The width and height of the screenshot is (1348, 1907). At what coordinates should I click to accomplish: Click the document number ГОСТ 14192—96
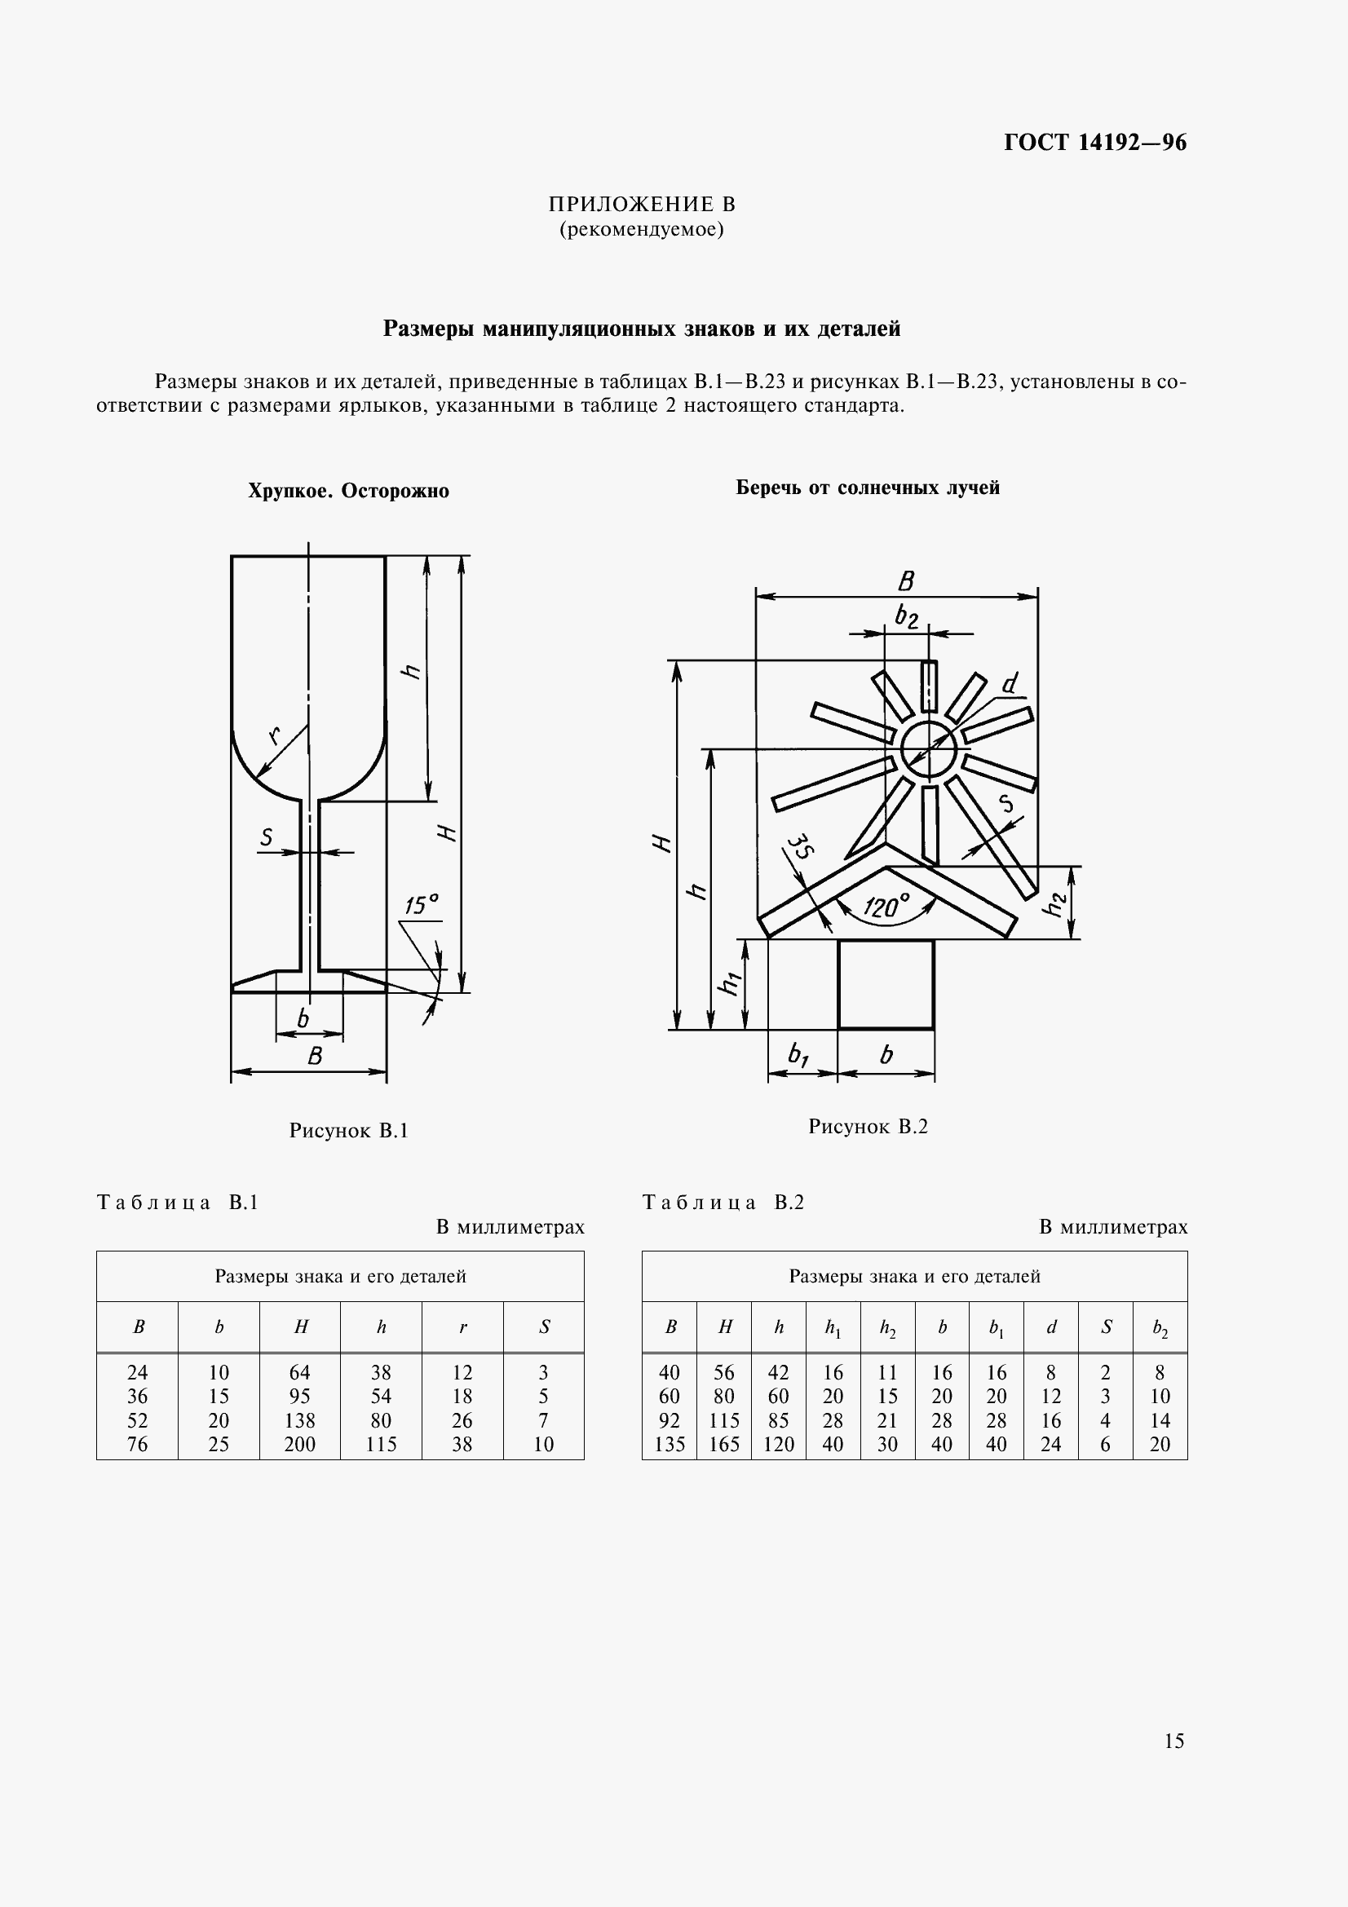[1094, 143]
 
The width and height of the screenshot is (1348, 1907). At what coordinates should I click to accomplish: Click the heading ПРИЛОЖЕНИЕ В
[641, 205]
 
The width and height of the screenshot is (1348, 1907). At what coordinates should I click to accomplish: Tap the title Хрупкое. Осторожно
[348, 491]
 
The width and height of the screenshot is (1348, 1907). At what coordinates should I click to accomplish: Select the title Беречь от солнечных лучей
[867, 488]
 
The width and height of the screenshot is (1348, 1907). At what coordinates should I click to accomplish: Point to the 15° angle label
[422, 905]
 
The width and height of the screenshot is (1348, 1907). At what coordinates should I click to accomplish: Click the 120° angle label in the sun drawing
[886, 905]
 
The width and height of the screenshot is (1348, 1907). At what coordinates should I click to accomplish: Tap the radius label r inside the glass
[274, 735]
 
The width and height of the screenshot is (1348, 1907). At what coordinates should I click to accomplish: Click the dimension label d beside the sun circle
[1009, 683]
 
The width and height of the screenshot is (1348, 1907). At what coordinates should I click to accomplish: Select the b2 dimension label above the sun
[906, 617]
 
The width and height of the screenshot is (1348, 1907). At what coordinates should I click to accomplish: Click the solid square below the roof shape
[886, 984]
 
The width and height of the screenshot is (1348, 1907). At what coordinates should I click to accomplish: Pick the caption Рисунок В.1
[348, 1130]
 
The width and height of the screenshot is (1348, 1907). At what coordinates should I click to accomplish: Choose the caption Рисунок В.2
[867, 1126]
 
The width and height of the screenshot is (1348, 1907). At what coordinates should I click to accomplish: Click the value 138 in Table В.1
[300, 1420]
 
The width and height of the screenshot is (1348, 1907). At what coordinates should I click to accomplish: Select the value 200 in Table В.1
[300, 1445]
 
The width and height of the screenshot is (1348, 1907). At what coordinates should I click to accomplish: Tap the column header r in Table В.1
[462, 1327]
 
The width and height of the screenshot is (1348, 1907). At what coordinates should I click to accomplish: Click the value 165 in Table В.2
[723, 1445]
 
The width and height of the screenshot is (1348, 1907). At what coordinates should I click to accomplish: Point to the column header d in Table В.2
[1050, 1327]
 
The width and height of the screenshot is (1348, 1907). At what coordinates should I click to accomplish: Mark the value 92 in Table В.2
[670, 1420]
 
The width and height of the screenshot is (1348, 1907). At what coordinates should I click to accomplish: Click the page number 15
[1173, 1740]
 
